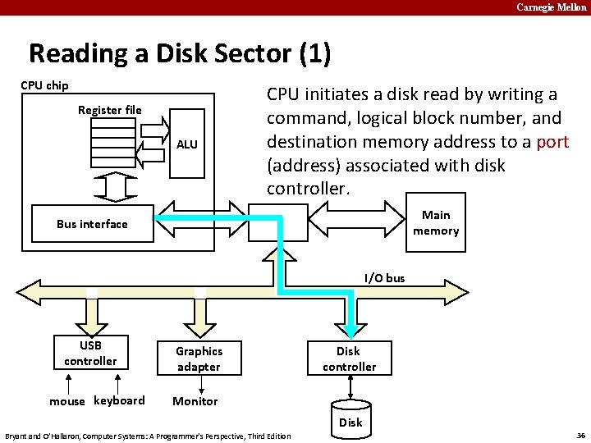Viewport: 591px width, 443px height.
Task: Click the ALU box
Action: click(x=187, y=144)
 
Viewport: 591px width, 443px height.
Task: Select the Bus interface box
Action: click(x=93, y=223)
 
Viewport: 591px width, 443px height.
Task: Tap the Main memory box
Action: click(x=436, y=222)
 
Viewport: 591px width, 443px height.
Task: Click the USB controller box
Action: click(x=91, y=353)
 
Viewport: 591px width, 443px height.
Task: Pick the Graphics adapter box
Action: click(x=199, y=359)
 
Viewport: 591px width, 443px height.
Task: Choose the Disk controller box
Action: click(x=350, y=359)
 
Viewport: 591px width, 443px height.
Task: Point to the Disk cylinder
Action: click(x=351, y=420)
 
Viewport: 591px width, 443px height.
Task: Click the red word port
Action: click(x=552, y=143)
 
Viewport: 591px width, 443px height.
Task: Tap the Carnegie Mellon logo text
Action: click(x=552, y=7)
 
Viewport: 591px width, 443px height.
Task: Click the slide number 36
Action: click(x=581, y=436)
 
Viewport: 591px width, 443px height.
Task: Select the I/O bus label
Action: click(x=384, y=278)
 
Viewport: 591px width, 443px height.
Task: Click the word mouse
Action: click(x=67, y=401)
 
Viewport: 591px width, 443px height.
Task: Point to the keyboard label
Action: click(x=119, y=400)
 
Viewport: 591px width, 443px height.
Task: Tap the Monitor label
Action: click(x=195, y=401)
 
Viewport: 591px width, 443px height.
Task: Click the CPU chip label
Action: click(x=44, y=85)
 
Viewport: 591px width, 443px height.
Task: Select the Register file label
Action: click(x=110, y=110)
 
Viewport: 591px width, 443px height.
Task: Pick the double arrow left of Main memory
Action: click(x=356, y=219)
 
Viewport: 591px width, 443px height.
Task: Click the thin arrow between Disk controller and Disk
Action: click(x=350, y=387)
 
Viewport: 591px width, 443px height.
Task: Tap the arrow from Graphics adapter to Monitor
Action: click(x=201, y=385)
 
